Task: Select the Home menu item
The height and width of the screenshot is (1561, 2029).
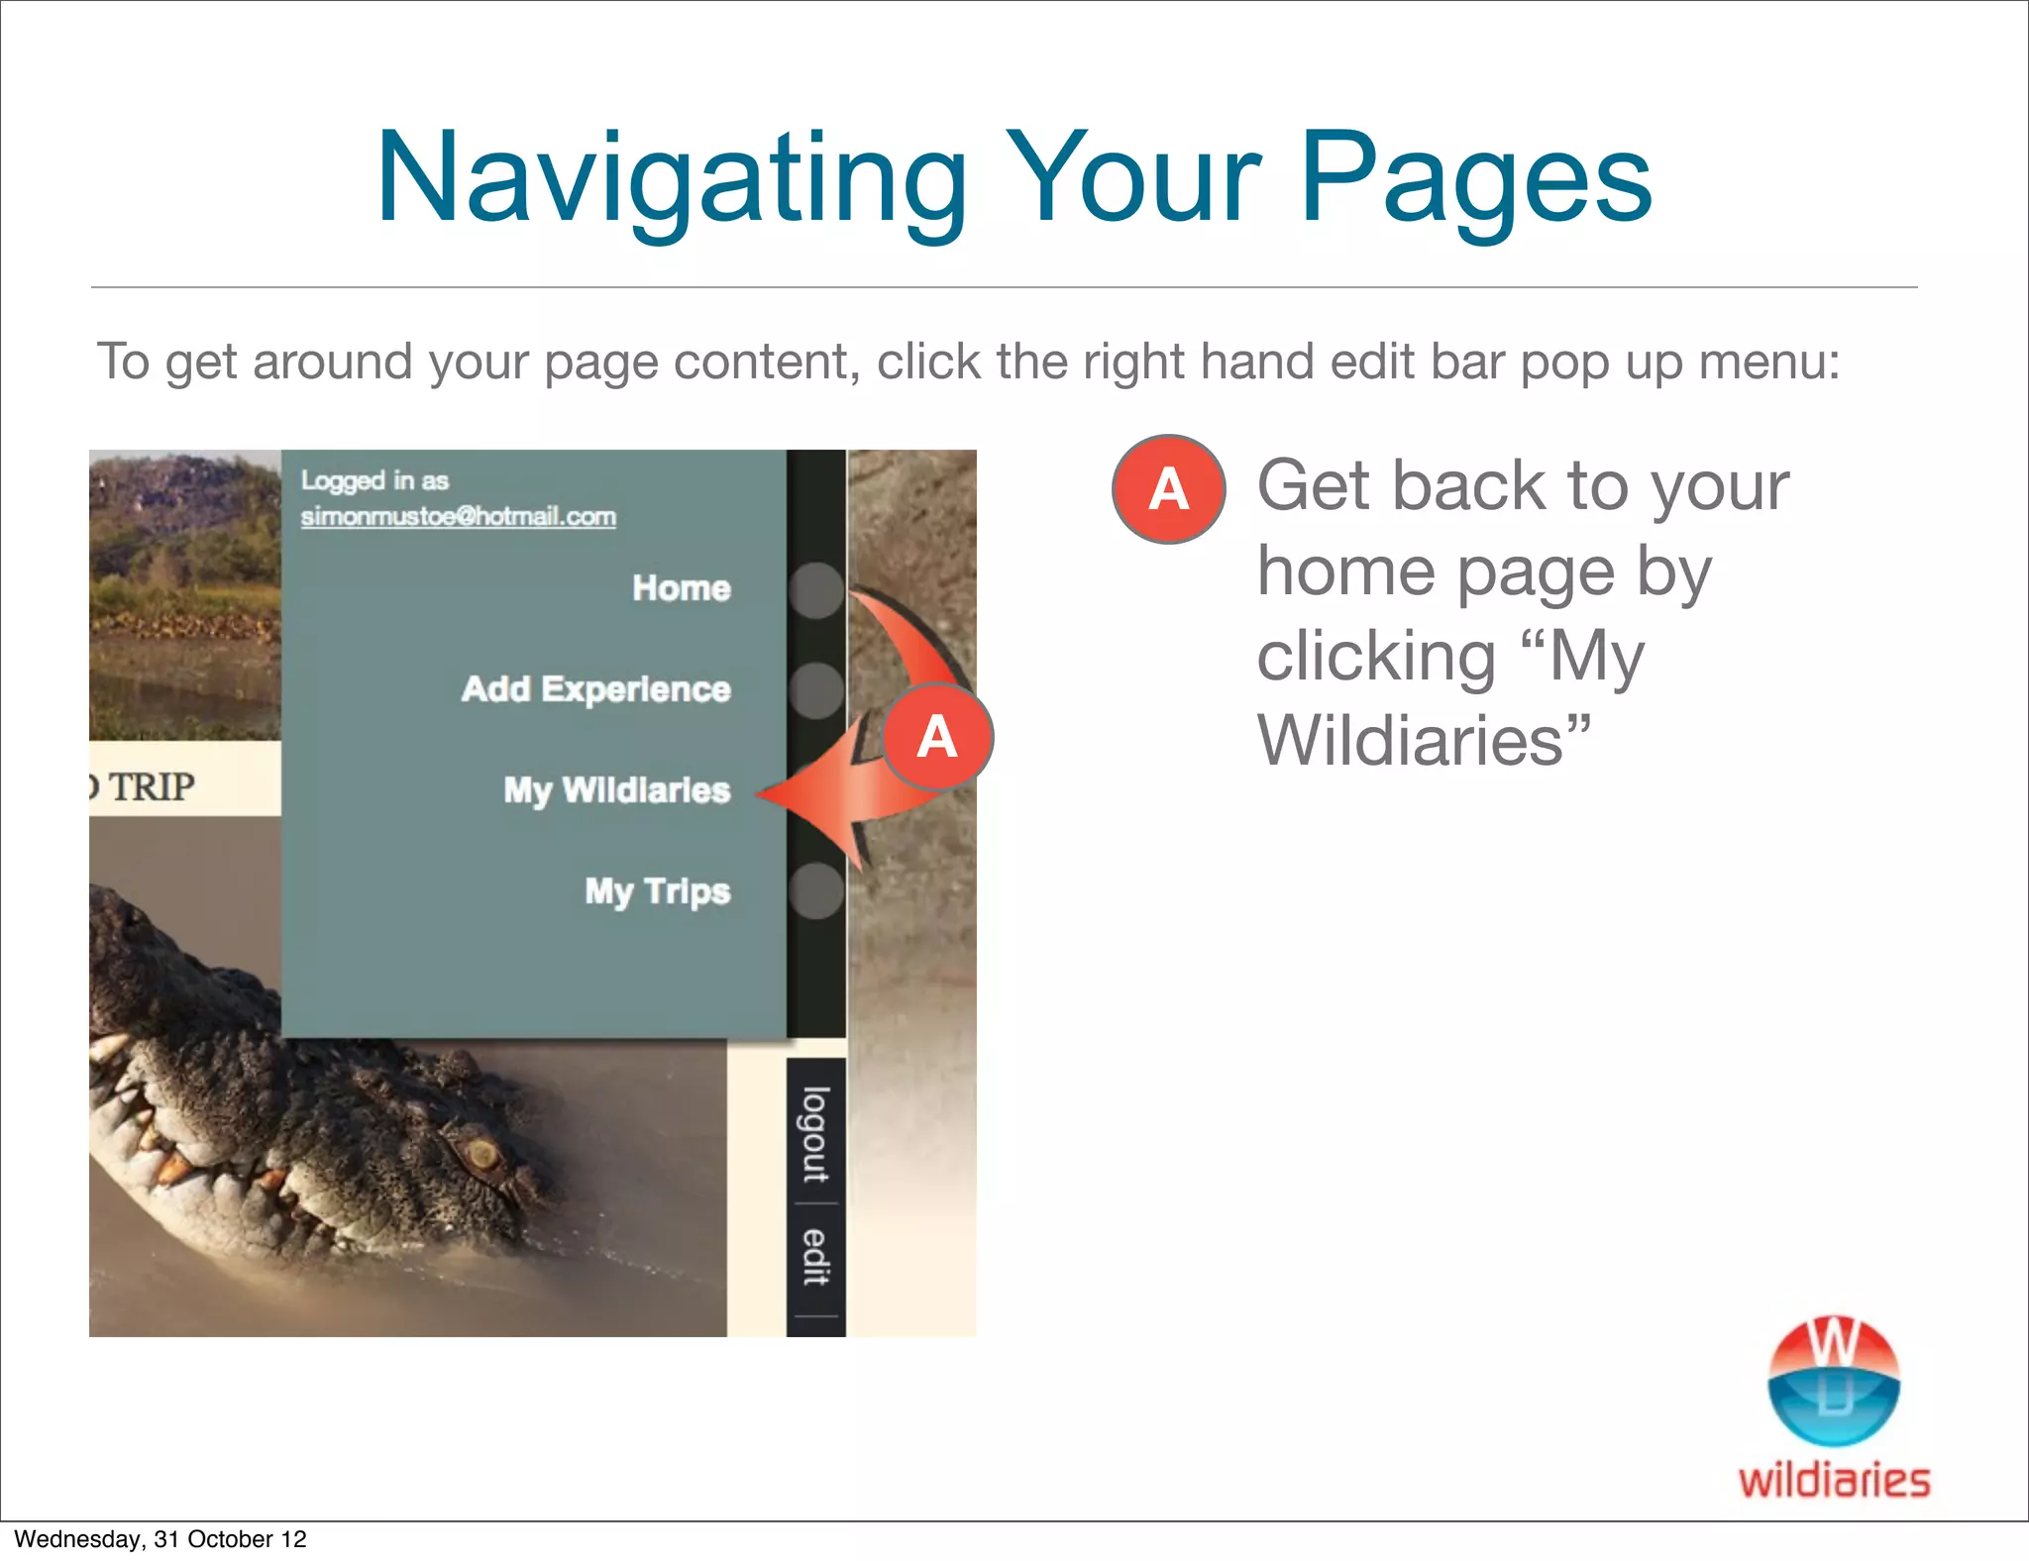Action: [682, 588]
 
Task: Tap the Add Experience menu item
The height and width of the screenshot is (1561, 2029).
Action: [595, 689]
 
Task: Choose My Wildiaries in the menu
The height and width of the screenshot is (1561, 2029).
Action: [616, 790]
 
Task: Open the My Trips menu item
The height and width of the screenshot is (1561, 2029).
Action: [657, 891]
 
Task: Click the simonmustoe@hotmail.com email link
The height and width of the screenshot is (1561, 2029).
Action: [458, 517]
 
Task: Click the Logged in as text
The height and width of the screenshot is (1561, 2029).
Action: [374, 481]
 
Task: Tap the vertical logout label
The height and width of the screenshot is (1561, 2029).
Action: [815, 1135]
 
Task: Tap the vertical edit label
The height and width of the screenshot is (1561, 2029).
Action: [815, 1257]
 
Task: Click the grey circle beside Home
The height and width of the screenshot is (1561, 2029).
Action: [816, 590]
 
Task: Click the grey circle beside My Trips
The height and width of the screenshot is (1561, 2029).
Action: [816, 890]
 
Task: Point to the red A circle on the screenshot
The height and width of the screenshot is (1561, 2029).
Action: [936, 737]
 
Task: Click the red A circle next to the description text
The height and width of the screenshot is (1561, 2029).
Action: [1168, 489]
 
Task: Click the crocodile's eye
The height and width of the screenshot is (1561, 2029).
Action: [482, 1153]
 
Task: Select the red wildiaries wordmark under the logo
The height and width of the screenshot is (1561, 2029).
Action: [1834, 1481]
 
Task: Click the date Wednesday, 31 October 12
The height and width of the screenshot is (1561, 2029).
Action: [160, 1539]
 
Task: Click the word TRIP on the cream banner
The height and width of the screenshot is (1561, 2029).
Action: [151, 787]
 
